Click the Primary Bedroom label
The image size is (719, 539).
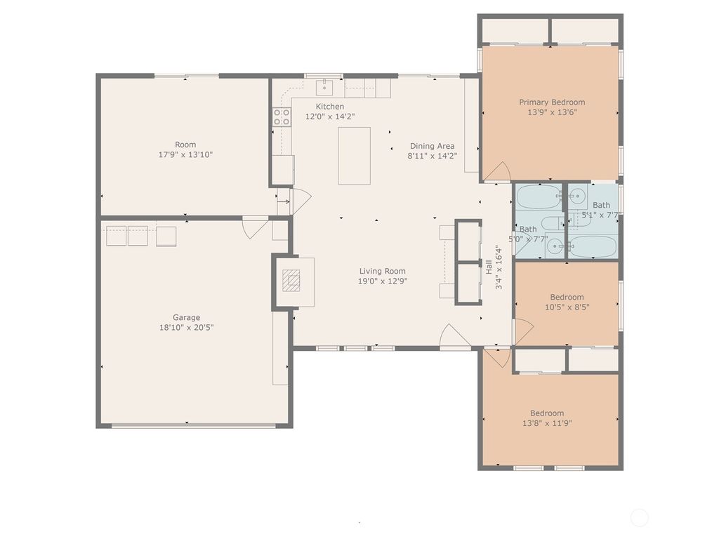tap(552, 102)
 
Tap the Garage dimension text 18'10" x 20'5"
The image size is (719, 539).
tap(186, 327)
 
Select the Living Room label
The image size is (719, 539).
tap(382, 271)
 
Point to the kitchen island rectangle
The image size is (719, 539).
tap(354, 156)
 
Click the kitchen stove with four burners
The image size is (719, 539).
tap(282, 117)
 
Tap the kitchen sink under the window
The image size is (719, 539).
tap(324, 86)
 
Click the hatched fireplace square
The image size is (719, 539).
tap(291, 281)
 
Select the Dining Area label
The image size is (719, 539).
tap(432, 146)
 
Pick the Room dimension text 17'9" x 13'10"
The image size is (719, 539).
tap(185, 154)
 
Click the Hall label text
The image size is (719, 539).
tap(489, 267)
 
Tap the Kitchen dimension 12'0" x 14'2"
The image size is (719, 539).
tap(330, 117)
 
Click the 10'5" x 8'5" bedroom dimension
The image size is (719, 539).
tap(567, 307)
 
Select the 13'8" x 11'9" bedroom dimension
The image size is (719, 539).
tap(547, 423)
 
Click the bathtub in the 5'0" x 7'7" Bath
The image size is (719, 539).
tap(539, 197)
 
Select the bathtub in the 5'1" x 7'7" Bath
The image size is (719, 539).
tap(593, 246)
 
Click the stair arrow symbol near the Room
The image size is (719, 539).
tap(284, 201)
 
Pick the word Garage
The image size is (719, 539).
tap(186, 317)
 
